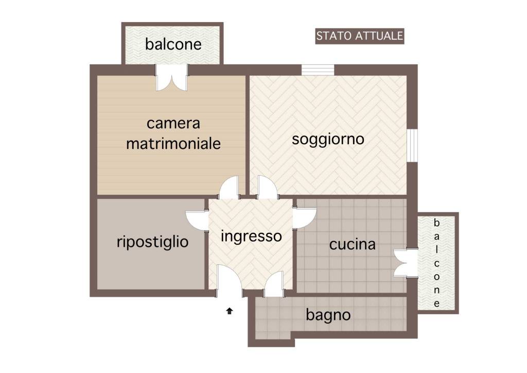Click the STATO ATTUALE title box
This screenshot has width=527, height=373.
tap(359, 36)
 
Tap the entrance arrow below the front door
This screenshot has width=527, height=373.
tap(230, 311)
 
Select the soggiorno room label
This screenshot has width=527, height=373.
tap(328, 139)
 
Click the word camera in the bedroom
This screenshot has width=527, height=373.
tap(173, 124)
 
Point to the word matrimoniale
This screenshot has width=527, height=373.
tap(173, 143)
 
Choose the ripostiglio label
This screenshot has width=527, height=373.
tap(152, 241)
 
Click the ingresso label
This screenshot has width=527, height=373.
tap(251, 236)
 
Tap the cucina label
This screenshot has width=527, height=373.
tap(352, 244)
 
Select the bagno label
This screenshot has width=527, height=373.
tap(328, 314)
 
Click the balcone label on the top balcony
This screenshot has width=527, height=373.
tap(173, 44)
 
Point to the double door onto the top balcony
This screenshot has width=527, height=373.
tap(172, 79)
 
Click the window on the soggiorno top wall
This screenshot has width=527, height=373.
tap(318, 70)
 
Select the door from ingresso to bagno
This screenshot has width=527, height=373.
tap(274, 284)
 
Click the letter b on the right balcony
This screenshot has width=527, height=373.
tap(437, 223)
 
